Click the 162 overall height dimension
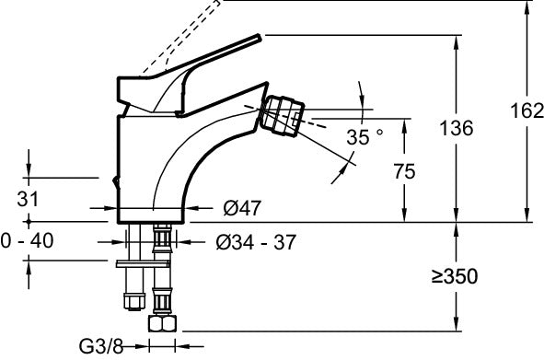[526, 111]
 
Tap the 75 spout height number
[402, 170]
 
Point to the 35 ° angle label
[365, 137]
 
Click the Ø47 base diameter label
[241, 209]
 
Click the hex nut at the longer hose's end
[162, 326]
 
